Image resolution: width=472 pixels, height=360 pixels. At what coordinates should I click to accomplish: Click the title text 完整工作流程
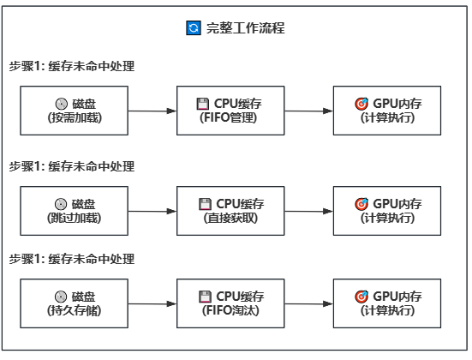(x=245, y=28)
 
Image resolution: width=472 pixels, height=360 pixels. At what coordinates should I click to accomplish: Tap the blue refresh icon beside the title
(x=193, y=28)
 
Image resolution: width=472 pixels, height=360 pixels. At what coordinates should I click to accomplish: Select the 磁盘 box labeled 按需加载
(x=75, y=111)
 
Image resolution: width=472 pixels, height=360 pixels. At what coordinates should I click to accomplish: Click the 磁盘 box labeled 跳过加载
(x=75, y=211)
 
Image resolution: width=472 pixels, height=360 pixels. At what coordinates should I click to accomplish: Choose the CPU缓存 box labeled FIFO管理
(x=230, y=111)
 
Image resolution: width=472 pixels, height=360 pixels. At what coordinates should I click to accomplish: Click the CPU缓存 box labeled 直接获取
(x=230, y=211)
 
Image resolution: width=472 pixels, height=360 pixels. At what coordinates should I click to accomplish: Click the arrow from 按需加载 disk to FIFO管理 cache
(x=152, y=111)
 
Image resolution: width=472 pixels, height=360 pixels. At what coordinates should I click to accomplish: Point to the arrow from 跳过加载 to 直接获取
(x=152, y=211)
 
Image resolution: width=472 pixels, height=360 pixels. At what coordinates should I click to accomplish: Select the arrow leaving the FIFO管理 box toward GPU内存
(x=308, y=111)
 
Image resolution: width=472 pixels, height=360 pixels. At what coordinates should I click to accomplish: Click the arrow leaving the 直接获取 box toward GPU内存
(x=308, y=211)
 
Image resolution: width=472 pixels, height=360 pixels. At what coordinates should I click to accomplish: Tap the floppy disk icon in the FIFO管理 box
(x=203, y=104)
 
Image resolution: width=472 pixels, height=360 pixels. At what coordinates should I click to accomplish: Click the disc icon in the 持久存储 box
(x=61, y=296)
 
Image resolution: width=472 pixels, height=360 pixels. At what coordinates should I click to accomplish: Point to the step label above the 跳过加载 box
(x=72, y=166)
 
